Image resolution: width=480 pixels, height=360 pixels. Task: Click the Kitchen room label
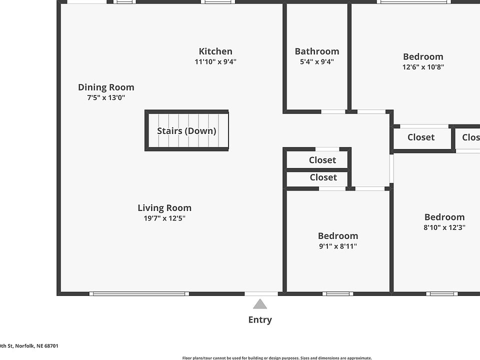click(215, 51)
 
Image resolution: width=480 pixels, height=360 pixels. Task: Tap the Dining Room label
click(106, 87)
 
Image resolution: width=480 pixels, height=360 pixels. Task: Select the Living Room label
click(164, 207)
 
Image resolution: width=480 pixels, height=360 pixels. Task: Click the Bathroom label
click(316, 51)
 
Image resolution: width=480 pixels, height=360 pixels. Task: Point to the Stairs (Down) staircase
click(187, 130)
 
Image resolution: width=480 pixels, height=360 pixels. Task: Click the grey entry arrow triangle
click(259, 304)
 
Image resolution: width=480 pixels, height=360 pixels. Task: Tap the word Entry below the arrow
click(260, 320)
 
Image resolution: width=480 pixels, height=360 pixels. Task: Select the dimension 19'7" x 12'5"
click(164, 218)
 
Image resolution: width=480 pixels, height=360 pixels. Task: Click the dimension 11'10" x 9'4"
click(215, 62)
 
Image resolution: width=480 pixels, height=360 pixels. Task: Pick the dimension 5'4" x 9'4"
click(316, 62)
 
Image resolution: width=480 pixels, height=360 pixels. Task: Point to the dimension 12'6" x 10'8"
click(423, 67)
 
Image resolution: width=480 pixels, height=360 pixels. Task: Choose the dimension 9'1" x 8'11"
click(338, 246)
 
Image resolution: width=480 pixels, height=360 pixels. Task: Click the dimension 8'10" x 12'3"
click(444, 227)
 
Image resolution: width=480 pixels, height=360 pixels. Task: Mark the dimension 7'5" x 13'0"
click(106, 98)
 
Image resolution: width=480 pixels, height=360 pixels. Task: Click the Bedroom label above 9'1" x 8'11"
click(338, 235)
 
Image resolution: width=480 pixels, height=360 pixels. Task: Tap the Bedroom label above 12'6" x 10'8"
click(423, 56)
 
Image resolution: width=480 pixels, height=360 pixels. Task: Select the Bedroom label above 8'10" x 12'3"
click(444, 216)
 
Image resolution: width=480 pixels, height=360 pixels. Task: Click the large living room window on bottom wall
click(139, 293)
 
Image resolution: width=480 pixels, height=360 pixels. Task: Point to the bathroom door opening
click(333, 111)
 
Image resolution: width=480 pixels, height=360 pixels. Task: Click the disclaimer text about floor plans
click(277, 358)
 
